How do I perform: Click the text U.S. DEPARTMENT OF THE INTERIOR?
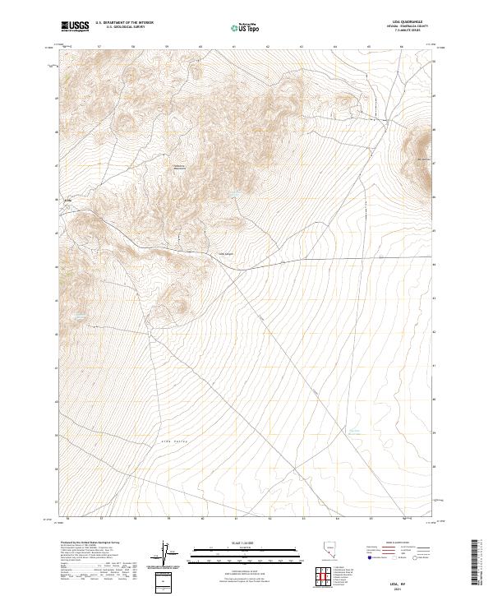124,24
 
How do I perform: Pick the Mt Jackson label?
425,159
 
